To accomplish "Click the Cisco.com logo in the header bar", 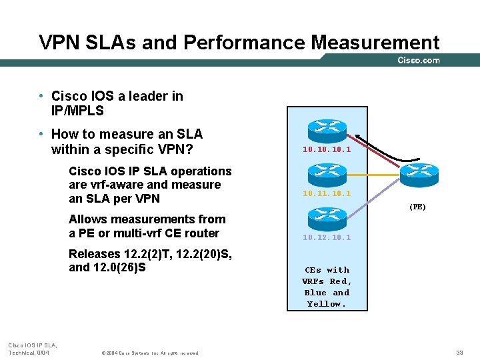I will pos(418,61).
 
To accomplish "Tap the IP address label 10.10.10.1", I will pos(326,150).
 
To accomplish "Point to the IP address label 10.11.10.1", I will pos(326,193).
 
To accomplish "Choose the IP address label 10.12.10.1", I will pos(326,237).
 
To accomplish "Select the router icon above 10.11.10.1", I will pos(327,175).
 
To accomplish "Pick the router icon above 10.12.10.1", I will pos(327,218).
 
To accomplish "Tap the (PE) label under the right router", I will pos(417,207).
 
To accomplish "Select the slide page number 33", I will pos(459,352).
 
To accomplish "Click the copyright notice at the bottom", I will pos(150,353).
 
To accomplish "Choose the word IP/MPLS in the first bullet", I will pos(77,110).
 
